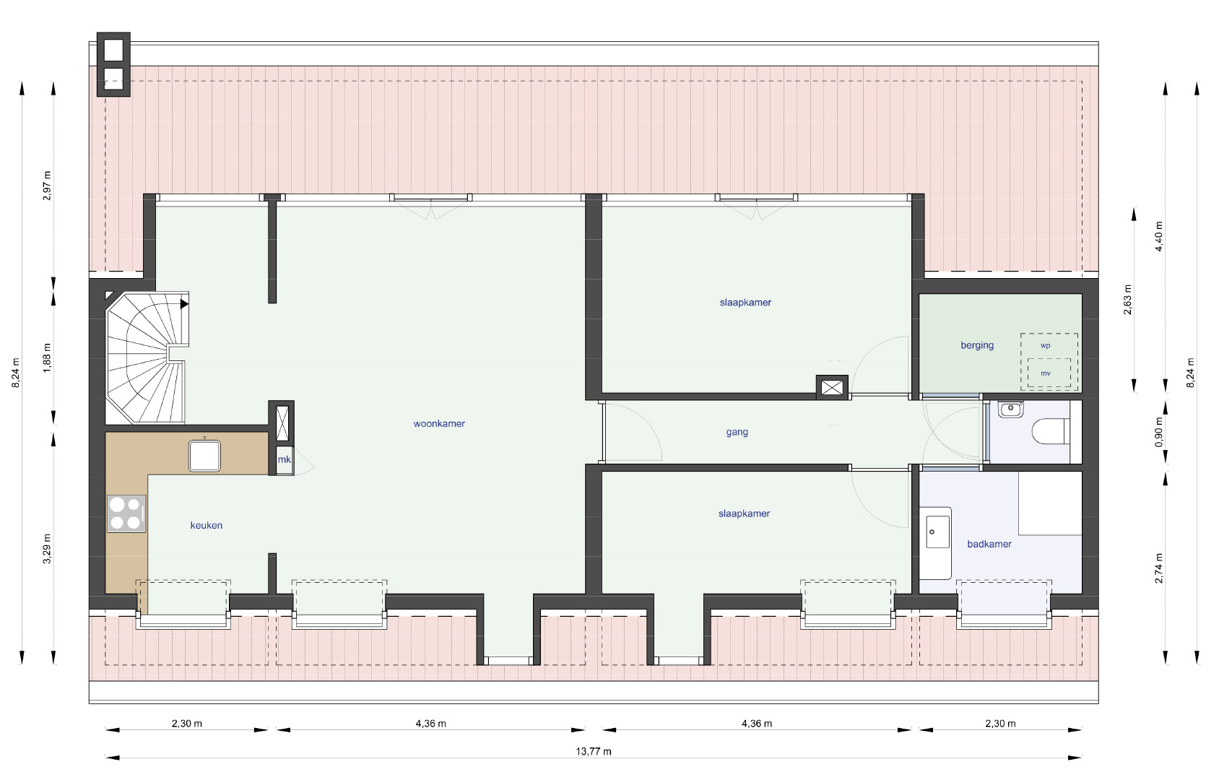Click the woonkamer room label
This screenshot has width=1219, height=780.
438,423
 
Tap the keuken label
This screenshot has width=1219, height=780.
207,525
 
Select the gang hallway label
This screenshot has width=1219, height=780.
737,432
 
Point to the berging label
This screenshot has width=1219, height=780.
977,345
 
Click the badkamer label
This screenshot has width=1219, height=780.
989,544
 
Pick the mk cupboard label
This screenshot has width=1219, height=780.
284,459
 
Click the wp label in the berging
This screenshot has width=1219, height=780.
1045,346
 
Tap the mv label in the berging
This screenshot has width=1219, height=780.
1045,373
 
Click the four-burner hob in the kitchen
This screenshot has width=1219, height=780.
127,513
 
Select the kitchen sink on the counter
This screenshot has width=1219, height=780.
204,456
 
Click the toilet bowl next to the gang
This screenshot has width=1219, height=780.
1051,431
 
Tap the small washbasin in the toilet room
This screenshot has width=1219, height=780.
1010,409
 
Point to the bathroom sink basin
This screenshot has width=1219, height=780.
937,532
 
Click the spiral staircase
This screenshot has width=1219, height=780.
147,357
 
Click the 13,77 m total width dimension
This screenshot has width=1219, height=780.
593,752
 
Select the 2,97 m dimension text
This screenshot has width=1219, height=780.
48,186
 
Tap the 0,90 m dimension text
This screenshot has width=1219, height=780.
1158,432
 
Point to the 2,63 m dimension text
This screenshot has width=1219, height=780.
1127,300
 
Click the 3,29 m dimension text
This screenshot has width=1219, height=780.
48,549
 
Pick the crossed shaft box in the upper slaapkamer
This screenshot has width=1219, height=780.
832,388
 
